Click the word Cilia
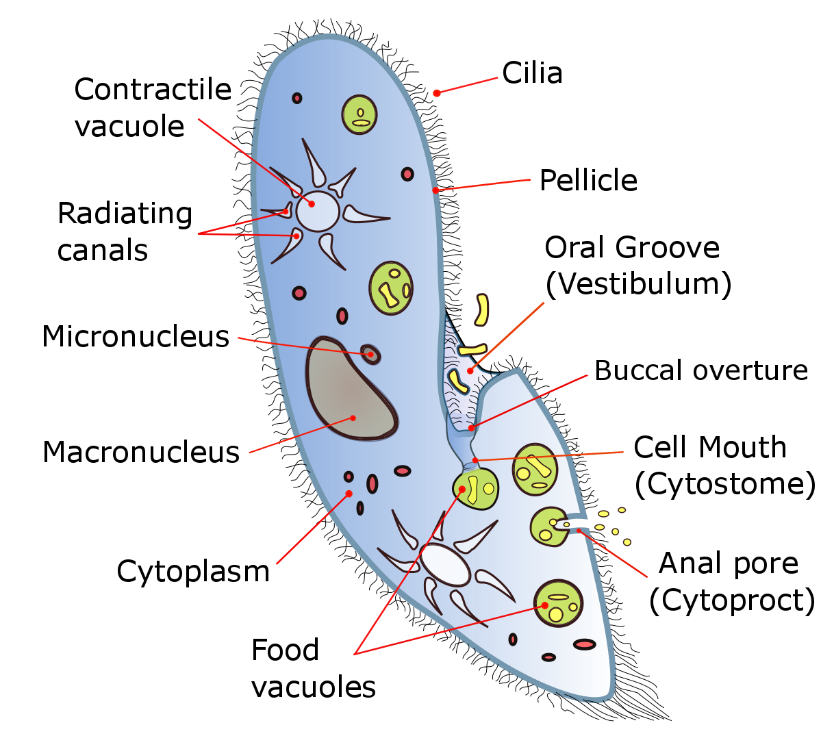coord(532,73)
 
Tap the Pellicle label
coord(588,181)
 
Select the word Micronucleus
coord(136,337)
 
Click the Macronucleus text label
coord(141,453)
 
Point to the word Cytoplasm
coord(193,572)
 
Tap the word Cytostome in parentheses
coord(725,484)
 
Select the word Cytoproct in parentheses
coord(732,600)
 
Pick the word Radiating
coord(125,214)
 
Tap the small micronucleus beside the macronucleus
coord(370,354)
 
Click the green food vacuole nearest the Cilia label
coord(359,114)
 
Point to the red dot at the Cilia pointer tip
coord(436,93)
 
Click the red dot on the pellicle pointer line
coord(435,190)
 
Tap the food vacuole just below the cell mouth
coord(475,488)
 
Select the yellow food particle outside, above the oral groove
coord(482,309)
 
